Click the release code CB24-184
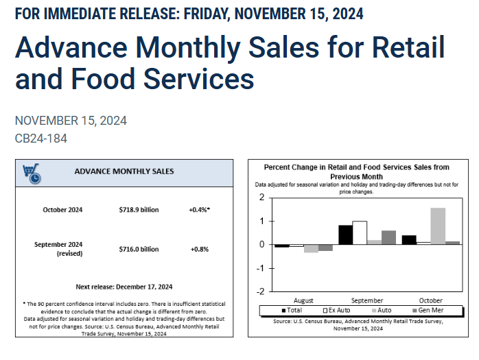[x=40, y=139]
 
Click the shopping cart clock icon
[x=31, y=173]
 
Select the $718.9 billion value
[x=139, y=210]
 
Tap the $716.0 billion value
[x=139, y=249]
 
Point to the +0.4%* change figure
[x=199, y=210]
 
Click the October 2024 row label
[x=62, y=210]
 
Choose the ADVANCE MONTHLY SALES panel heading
[x=124, y=171]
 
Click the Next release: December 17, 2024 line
[x=124, y=287]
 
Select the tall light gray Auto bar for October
[x=437, y=226]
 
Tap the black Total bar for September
[x=345, y=235]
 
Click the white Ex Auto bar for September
[x=360, y=232]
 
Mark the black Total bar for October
[x=409, y=239]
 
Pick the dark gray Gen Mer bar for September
[x=388, y=237]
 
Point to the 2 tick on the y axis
[x=261, y=197]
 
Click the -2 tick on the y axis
[x=260, y=291]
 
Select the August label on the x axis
[x=303, y=300]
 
